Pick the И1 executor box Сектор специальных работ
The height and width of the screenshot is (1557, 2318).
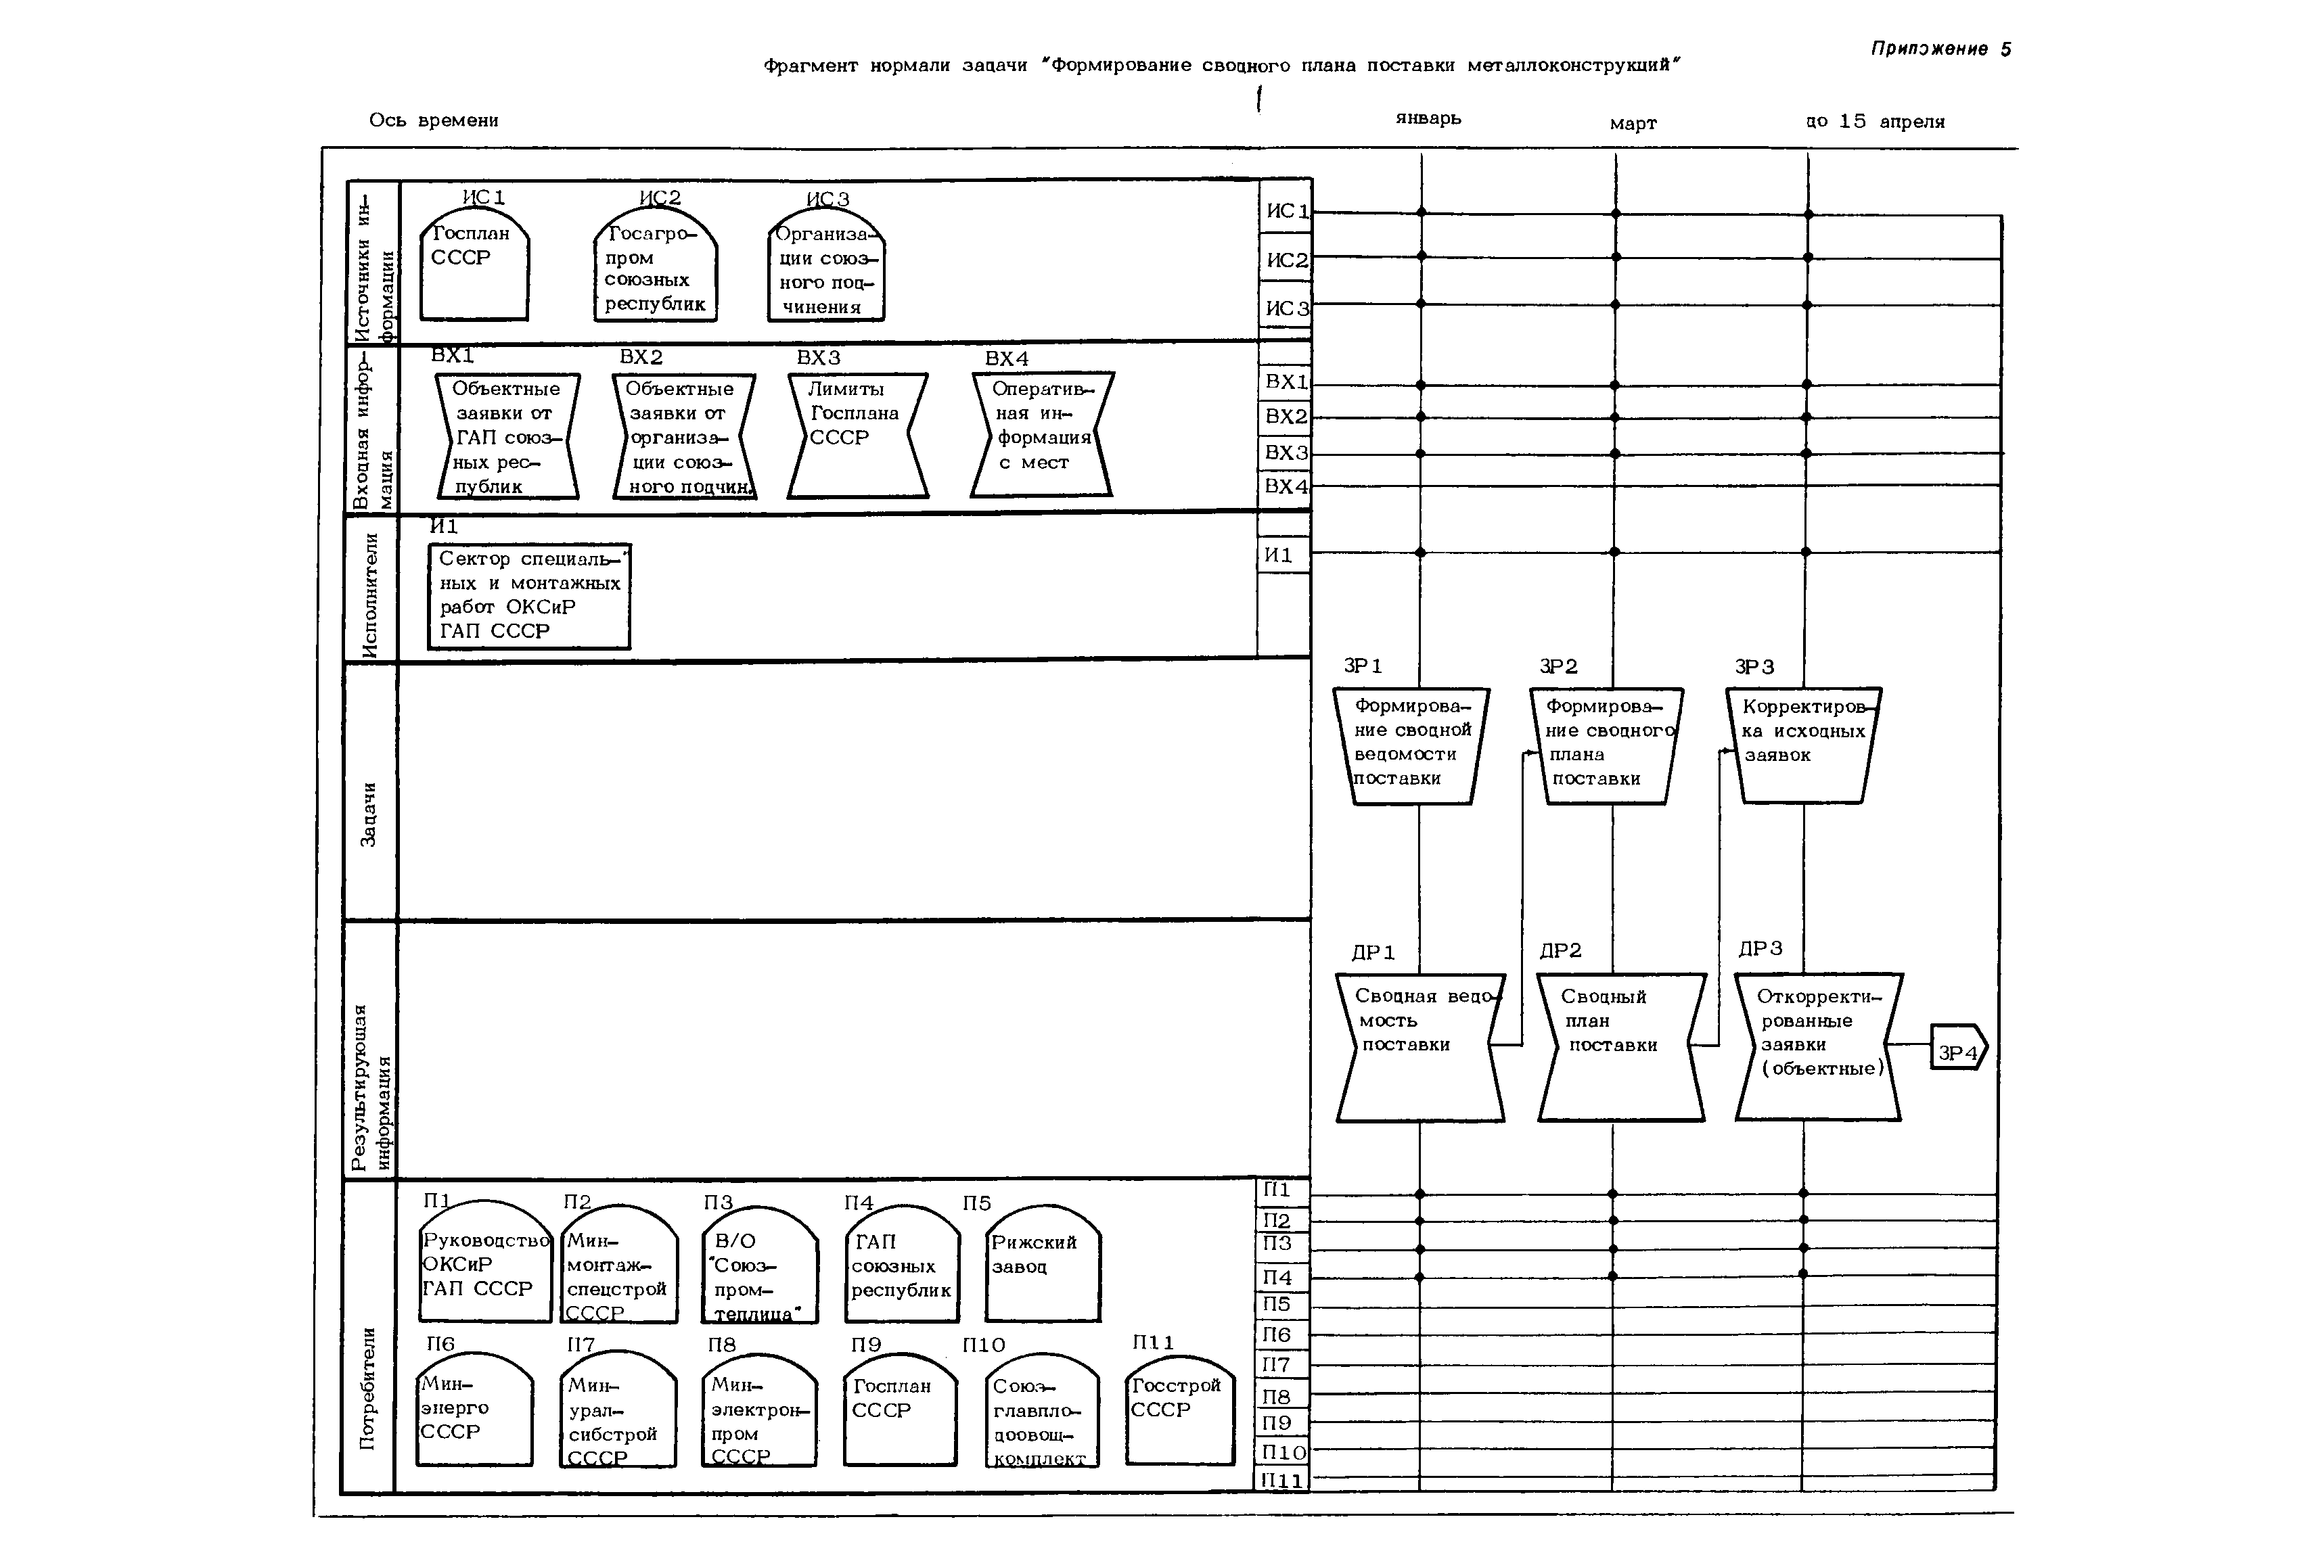[x=529, y=596]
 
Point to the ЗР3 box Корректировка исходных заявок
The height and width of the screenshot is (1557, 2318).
[x=1804, y=745]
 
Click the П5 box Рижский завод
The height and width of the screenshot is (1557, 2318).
[x=1043, y=1266]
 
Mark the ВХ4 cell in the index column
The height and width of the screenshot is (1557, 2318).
[x=1285, y=486]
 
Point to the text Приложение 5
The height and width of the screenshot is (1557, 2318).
[x=1940, y=49]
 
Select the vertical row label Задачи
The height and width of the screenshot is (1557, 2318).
[x=369, y=814]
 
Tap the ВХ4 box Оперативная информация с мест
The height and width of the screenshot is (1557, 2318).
[x=1042, y=435]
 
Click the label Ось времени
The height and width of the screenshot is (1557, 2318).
[x=434, y=120]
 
